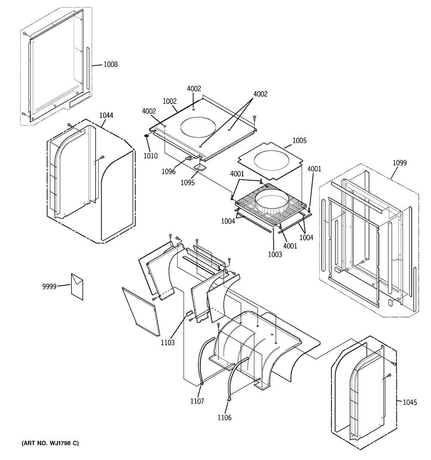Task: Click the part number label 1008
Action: [x=110, y=64]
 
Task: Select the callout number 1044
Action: [x=106, y=115]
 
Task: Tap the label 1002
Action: [x=170, y=101]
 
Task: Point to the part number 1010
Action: [x=150, y=156]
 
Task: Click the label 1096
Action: [x=169, y=171]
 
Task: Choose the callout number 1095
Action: [x=187, y=182]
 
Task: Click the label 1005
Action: [x=300, y=141]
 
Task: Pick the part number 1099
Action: [x=400, y=163]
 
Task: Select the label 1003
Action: [x=275, y=254]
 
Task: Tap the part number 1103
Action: [x=168, y=342]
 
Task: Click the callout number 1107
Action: [x=197, y=401]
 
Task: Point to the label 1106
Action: [x=224, y=417]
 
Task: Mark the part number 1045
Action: [x=409, y=402]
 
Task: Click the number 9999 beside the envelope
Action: [x=49, y=286]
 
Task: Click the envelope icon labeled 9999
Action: [x=77, y=287]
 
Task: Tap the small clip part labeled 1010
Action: [x=147, y=136]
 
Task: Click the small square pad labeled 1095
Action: [x=200, y=167]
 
